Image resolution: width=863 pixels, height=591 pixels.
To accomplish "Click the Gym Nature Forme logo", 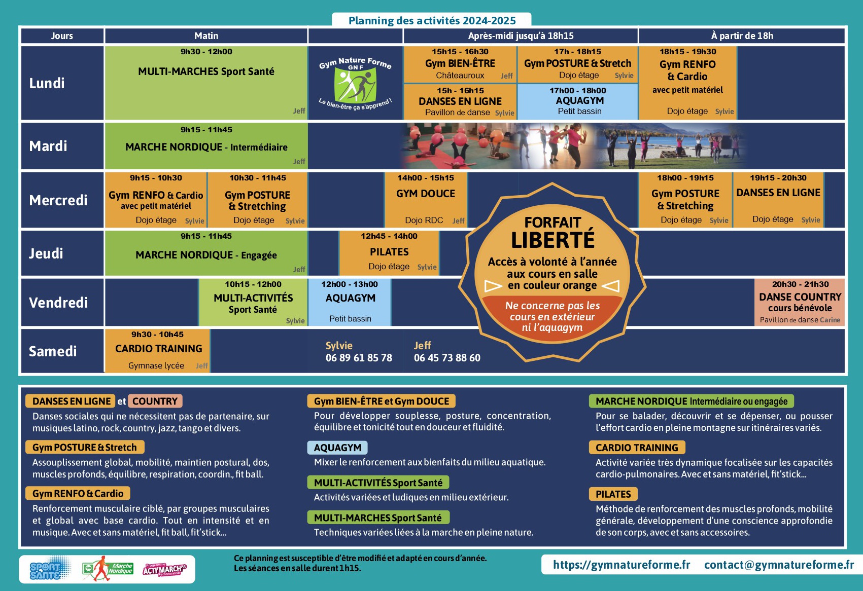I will [355, 83].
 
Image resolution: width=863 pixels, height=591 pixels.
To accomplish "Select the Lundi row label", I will [47, 83].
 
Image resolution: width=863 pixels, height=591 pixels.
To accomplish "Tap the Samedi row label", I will [53, 351].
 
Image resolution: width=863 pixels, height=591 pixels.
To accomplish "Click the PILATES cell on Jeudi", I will [389, 252].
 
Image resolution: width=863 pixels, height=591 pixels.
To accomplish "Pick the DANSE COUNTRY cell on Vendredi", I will [800, 302].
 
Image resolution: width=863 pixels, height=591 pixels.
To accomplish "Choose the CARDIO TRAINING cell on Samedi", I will [158, 350].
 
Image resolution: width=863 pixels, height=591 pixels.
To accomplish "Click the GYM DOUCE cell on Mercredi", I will [426, 199].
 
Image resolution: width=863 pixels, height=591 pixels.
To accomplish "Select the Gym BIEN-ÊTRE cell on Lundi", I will [460, 64].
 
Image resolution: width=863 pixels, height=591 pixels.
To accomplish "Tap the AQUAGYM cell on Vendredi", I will [350, 302].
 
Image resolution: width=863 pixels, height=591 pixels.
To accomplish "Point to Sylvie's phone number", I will [359, 358].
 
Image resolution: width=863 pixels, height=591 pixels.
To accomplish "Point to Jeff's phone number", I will [447, 358].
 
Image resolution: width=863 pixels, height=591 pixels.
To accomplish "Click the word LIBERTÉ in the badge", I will [553, 240].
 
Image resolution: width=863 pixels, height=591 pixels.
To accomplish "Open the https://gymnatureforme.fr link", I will [622, 565].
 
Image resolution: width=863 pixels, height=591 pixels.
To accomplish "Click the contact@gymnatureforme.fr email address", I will [779, 565].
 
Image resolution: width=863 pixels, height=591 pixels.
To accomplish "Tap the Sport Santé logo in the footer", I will [46, 570].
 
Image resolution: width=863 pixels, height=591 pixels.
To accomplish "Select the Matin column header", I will [206, 36].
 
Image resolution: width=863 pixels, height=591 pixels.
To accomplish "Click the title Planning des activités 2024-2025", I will [432, 21].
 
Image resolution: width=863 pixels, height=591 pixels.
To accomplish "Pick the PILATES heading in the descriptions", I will [613, 494].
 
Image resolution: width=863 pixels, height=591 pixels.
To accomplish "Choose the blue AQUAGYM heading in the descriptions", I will [337, 448].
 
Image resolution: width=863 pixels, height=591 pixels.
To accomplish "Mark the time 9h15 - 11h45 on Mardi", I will [206, 130].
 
